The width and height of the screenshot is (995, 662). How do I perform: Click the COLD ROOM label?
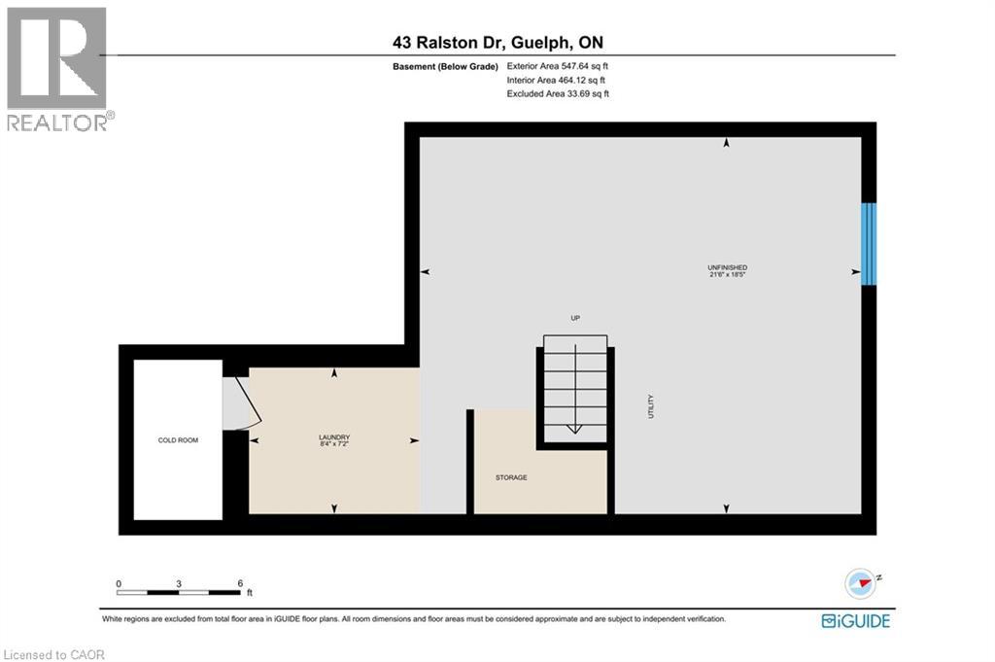point(178,440)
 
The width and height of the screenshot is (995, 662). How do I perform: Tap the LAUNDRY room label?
point(334,436)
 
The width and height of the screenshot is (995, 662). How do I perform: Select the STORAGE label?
point(511,477)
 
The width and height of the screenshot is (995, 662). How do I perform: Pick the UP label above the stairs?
point(575,318)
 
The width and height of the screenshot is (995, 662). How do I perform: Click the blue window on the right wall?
point(869,243)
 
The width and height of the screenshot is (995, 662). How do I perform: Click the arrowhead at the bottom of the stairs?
point(573,428)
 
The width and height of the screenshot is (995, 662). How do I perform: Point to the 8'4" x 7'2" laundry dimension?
point(334,444)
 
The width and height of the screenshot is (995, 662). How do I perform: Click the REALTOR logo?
point(57,68)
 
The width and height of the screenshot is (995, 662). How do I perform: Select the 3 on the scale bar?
point(179,584)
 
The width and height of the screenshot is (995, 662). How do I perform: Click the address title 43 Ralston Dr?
point(497,42)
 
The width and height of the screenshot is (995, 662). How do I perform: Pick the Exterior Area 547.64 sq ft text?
point(558,66)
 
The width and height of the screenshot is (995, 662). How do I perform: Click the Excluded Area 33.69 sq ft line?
point(558,94)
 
